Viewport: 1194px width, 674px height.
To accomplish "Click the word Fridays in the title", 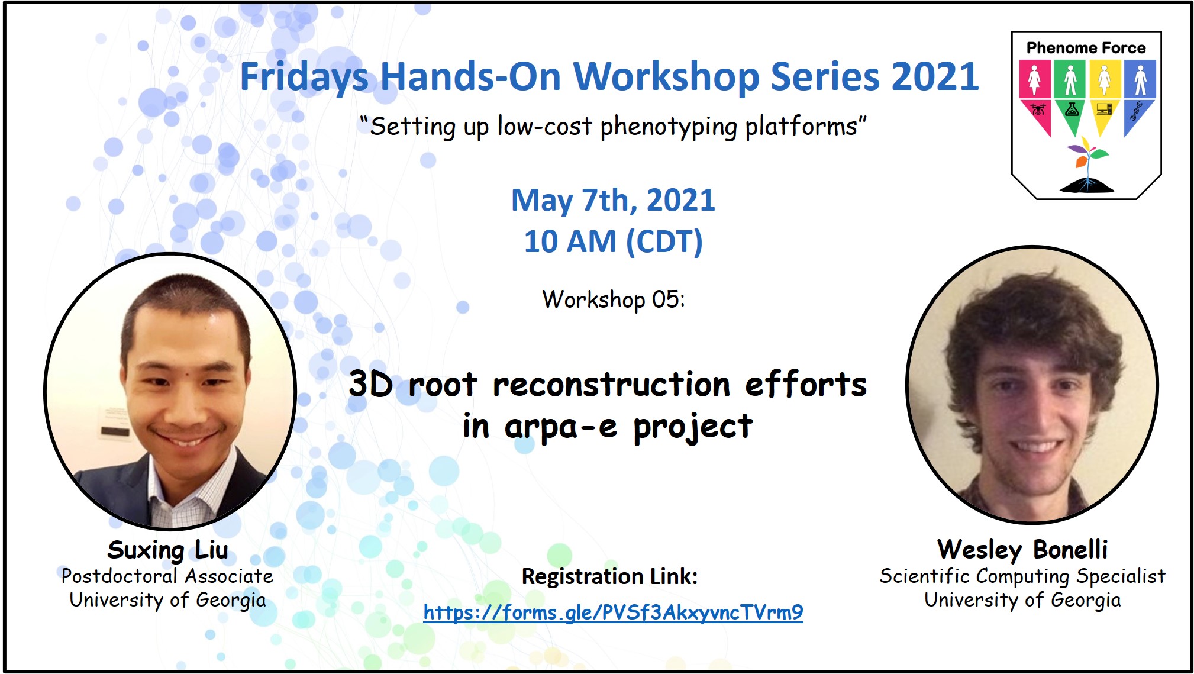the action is point(304,78).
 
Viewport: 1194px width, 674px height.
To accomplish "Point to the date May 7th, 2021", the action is point(613,201).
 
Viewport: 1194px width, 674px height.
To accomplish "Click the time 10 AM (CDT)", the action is point(614,241).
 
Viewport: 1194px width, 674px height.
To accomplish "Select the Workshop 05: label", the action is point(614,299).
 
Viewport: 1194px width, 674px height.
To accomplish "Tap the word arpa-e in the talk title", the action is point(561,427).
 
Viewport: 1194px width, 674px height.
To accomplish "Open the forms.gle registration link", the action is point(613,612).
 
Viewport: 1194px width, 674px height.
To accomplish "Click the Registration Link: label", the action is point(609,576).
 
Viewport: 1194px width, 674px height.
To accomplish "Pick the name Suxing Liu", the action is point(167,550).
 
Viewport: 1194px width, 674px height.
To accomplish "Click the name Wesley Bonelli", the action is point(1022,550).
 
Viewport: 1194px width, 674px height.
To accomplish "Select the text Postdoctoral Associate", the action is point(167,576).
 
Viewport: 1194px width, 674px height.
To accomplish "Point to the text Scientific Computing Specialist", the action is point(1022,576).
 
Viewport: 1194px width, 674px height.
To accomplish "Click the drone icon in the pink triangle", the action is point(1037,109).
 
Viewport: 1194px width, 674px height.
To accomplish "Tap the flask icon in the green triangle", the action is point(1072,109).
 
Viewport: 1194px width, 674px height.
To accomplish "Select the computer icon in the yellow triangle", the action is point(1104,109).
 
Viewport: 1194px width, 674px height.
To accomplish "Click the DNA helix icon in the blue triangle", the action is point(1136,111).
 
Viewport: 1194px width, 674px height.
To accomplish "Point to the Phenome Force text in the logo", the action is point(1086,48).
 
